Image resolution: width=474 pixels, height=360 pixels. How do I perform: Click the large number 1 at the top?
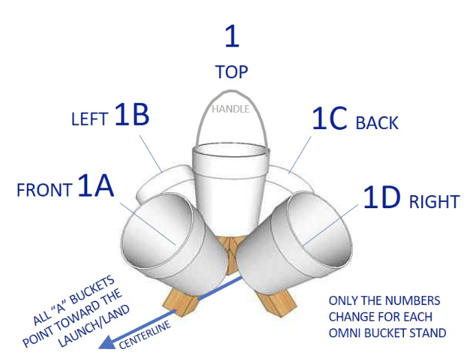coord(232,35)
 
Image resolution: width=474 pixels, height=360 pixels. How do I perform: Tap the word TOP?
coord(232,72)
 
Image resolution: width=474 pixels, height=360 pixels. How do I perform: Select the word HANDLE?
coord(230,109)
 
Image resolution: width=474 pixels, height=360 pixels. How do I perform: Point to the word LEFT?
coord(89,120)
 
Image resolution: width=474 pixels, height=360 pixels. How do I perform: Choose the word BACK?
coord(377,124)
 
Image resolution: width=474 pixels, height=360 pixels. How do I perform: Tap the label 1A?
coord(95,186)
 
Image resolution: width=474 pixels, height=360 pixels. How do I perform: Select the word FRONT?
coord(45,190)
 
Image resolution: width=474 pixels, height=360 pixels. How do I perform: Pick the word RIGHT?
coord(434,202)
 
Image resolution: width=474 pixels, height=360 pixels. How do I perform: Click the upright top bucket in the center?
coord(229,179)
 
